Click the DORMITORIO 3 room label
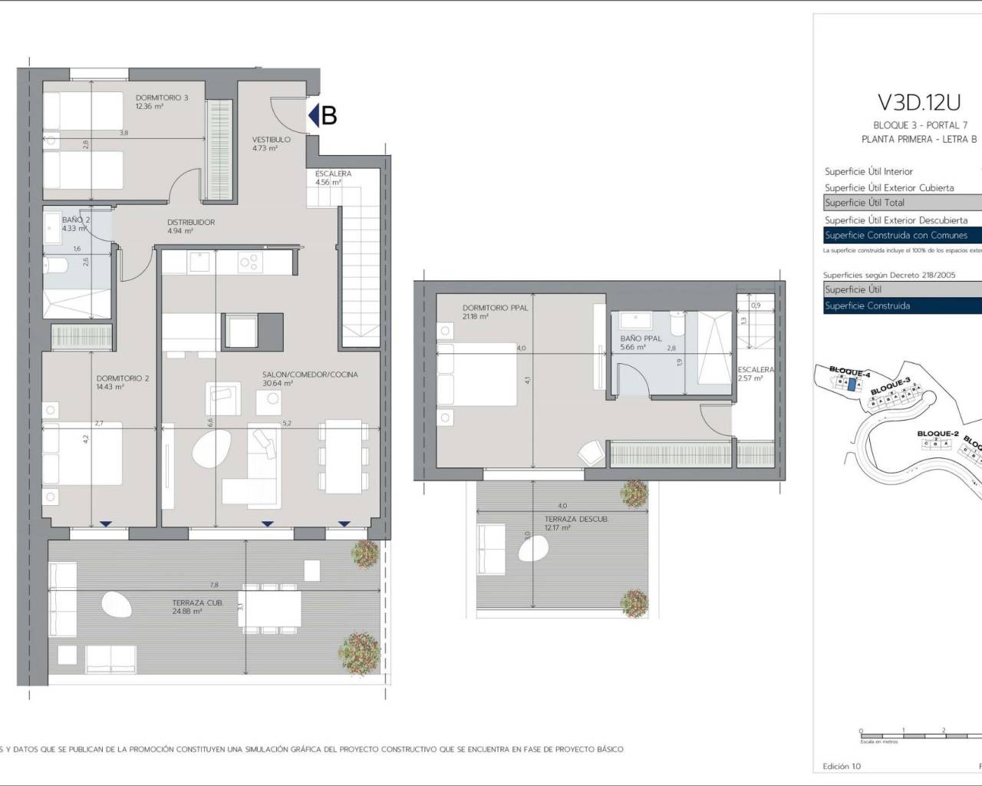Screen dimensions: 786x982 tap(161, 97)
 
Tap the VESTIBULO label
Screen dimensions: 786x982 tap(272, 140)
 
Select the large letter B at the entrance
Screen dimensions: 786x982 tap(329, 116)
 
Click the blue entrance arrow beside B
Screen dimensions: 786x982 tap(313, 116)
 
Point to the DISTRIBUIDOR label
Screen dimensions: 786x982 tap(191, 223)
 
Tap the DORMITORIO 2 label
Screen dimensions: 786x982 tap(123, 378)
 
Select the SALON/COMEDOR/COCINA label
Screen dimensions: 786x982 tap(310, 375)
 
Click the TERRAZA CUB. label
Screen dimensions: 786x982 tap(198, 603)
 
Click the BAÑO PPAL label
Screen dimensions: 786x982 tap(641, 339)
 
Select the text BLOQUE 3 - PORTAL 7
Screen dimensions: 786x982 tap(920, 125)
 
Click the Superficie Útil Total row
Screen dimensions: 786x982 tap(865, 203)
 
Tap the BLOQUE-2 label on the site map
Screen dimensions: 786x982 tap(938, 434)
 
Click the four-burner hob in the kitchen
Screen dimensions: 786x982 tap(249, 263)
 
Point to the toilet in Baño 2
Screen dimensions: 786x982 tap(55, 269)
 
